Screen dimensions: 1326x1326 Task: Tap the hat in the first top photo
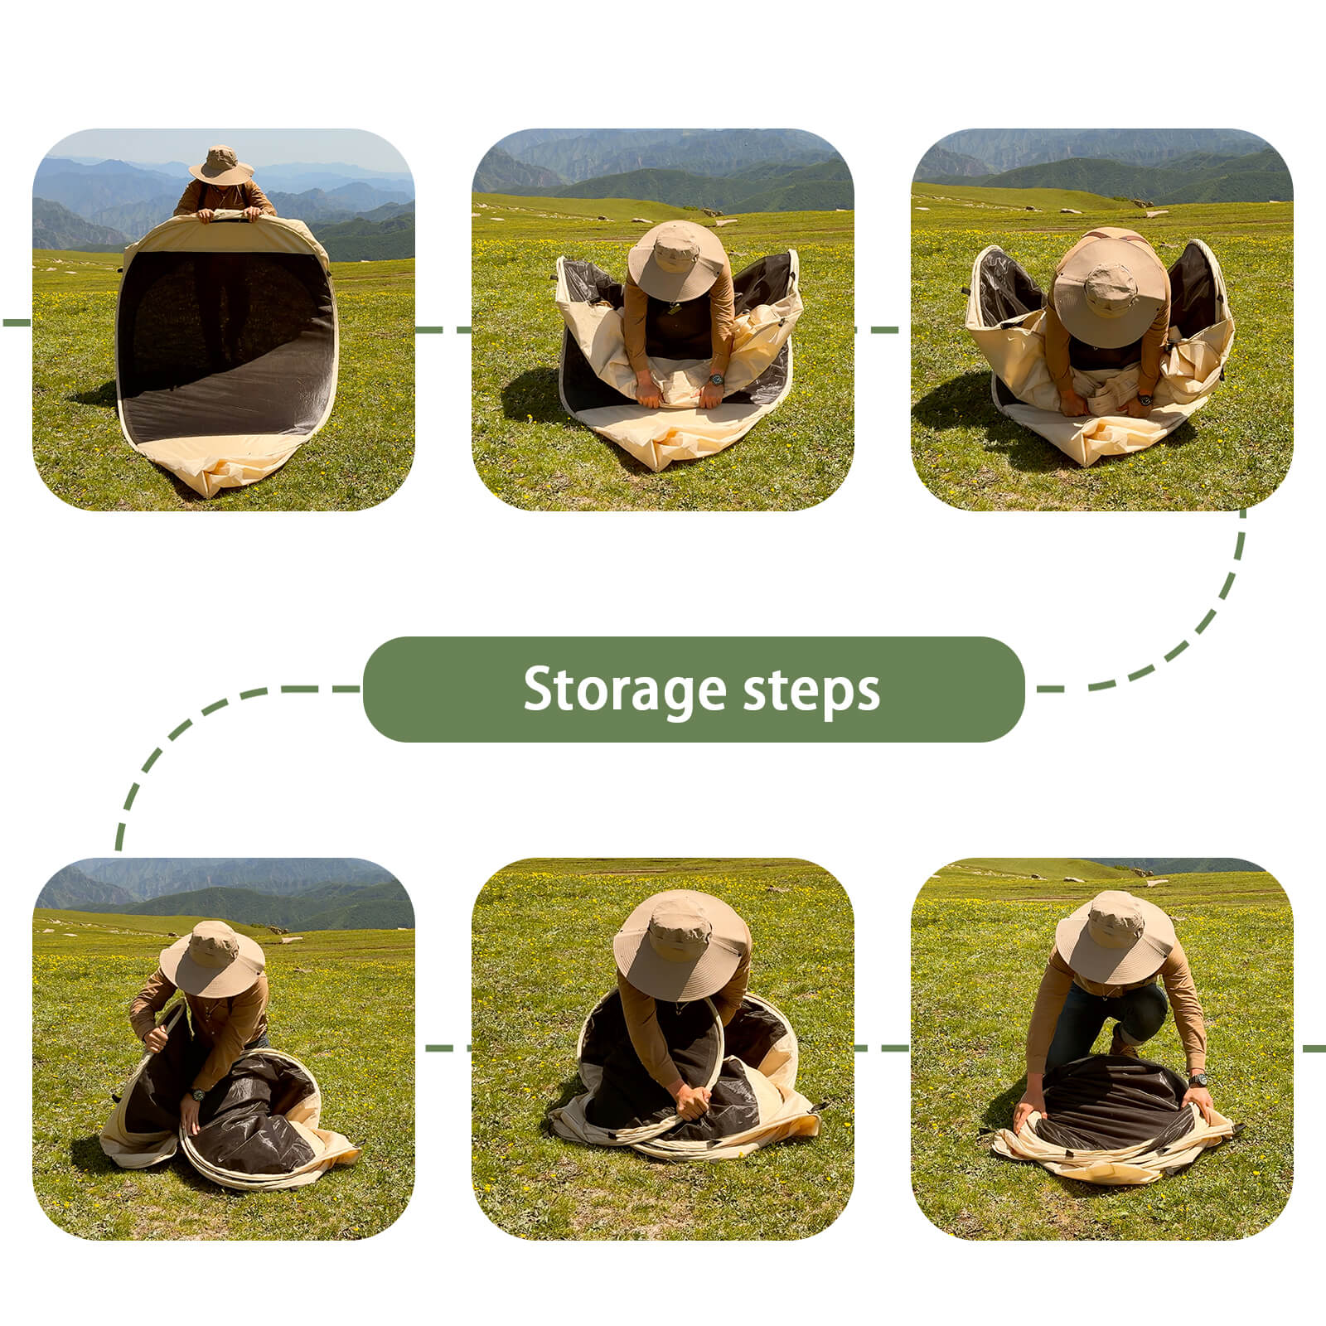[221, 165]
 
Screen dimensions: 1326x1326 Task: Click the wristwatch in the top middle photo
[716, 380]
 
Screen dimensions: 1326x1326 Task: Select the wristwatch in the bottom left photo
[198, 1094]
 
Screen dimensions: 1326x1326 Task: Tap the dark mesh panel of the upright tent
[225, 344]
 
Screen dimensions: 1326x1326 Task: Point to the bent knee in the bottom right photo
[1146, 1007]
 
